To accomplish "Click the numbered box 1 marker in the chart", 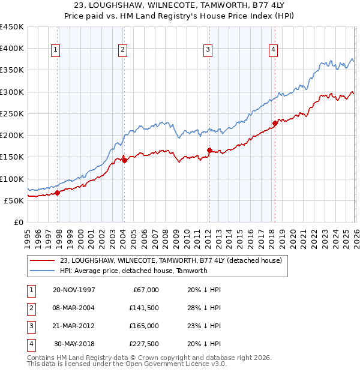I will click(x=55, y=50).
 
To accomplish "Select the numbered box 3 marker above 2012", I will click(x=208, y=50).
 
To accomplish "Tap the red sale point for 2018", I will click(x=275, y=124).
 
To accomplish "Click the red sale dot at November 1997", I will click(x=58, y=193).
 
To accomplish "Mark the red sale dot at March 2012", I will click(x=209, y=151).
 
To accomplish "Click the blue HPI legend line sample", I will click(x=43, y=271).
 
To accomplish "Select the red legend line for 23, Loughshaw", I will click(x=43, y=260).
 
